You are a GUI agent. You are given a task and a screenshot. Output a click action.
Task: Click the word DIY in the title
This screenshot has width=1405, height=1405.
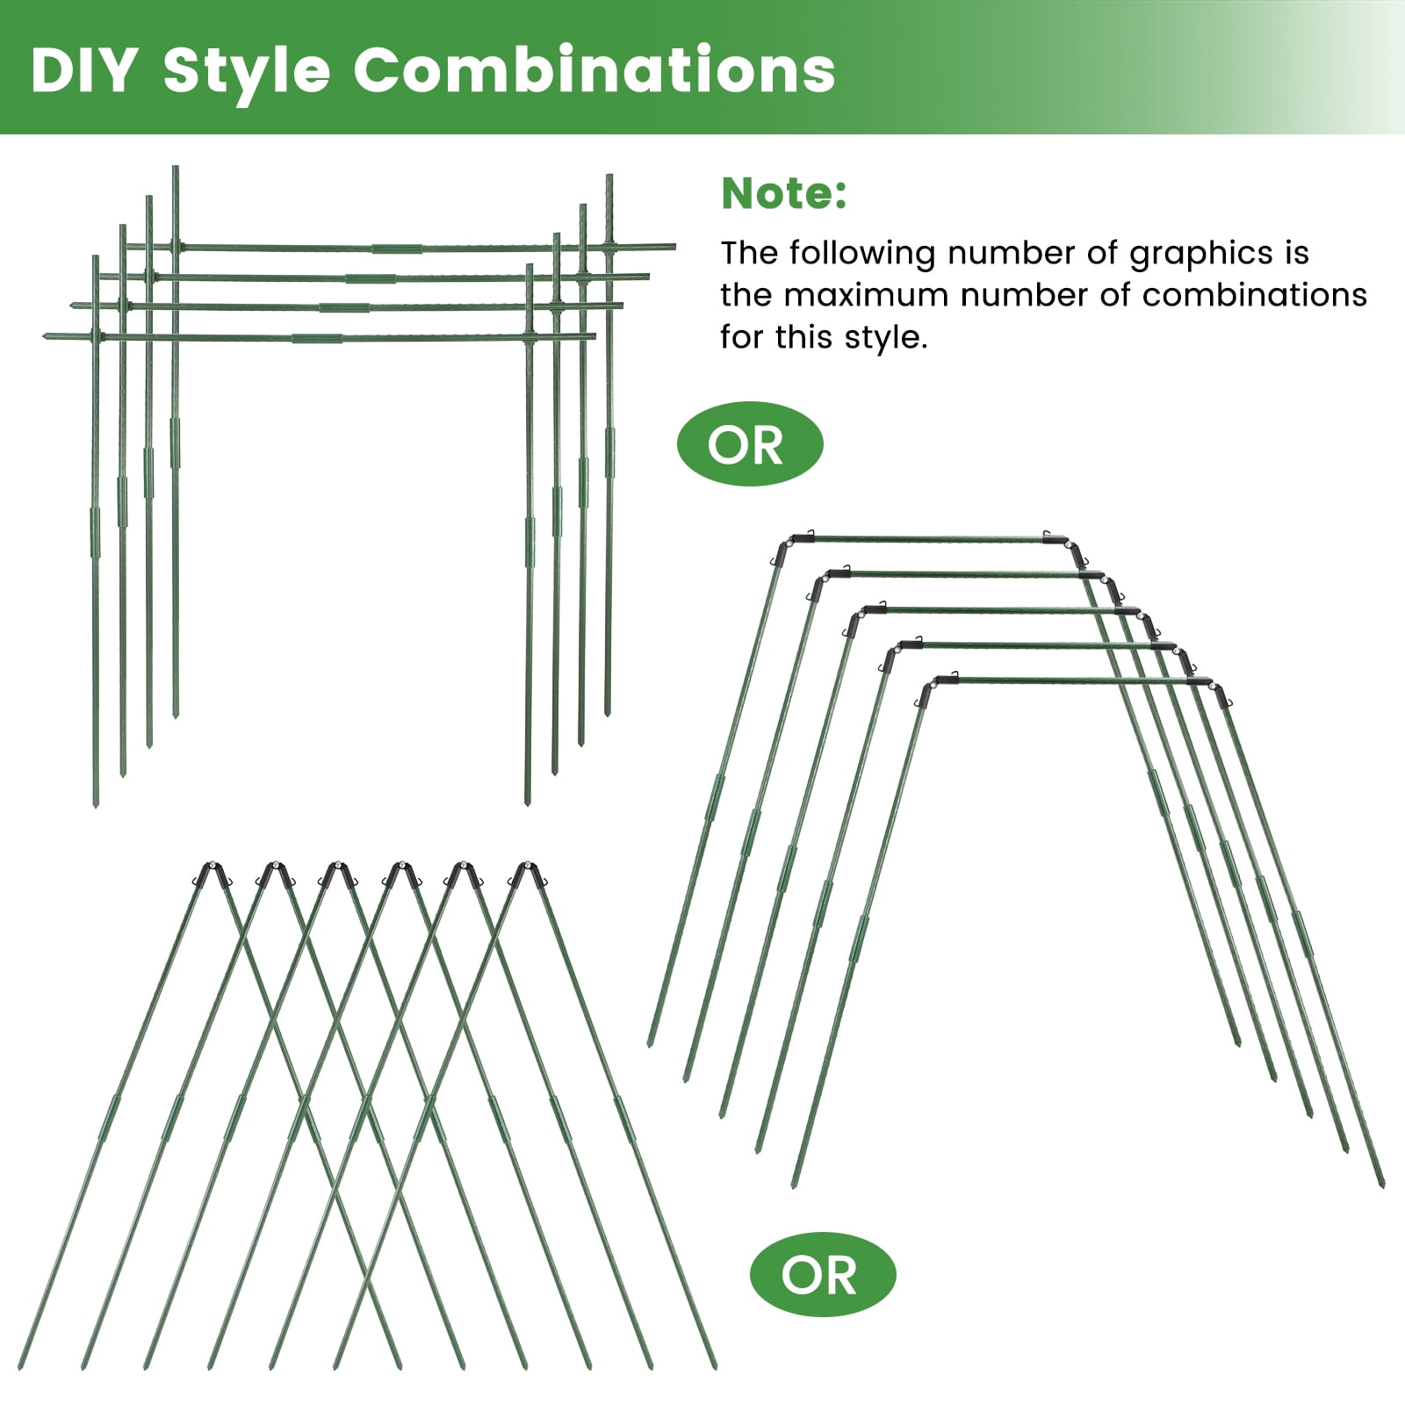coord(83,70)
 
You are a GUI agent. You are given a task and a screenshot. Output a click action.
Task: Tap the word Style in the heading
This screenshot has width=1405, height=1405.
coord(247,72)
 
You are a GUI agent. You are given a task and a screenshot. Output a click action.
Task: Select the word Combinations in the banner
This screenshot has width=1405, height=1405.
coord(594,70)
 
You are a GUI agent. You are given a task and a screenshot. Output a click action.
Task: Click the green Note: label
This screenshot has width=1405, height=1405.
coord(784,194)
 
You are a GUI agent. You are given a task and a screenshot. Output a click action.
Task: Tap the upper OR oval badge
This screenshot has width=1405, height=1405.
coord(750,444)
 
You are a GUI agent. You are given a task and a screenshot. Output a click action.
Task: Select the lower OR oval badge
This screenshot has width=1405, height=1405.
coord(823,1274)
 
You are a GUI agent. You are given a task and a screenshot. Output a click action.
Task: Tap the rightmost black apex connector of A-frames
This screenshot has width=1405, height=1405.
coord(528,875)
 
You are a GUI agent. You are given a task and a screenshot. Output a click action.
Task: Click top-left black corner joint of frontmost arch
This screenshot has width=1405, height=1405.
coord(933,688)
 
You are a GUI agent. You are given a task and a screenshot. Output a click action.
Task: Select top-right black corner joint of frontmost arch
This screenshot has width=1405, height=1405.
coord(1209,689)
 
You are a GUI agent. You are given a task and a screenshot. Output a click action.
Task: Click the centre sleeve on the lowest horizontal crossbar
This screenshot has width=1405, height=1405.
coord(317,337)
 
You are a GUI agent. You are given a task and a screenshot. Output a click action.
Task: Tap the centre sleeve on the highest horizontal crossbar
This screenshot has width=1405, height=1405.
coord(396,249)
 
